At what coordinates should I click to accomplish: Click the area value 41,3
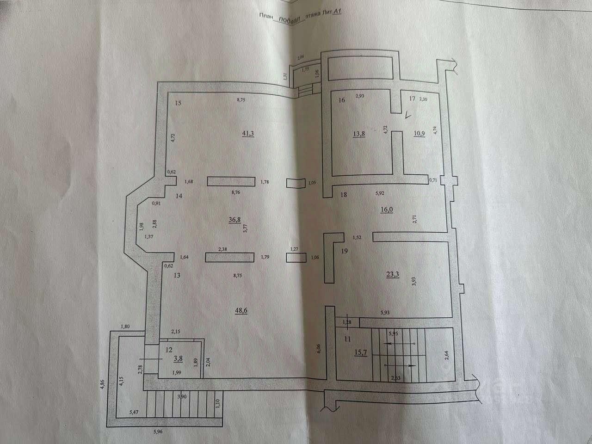(x=248, y=134)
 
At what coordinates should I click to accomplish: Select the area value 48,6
(x=241, y=310)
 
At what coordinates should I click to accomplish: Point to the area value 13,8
(x=359, y=134)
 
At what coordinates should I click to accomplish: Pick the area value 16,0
(x=387, y=209)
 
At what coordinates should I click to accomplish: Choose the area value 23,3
(x=392, y=274)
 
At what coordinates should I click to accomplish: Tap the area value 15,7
(x=361, y=352)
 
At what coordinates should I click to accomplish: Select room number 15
(x=178, y=103)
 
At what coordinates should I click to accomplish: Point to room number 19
(x=344, y=252)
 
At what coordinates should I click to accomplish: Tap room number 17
(x=413, y=99)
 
